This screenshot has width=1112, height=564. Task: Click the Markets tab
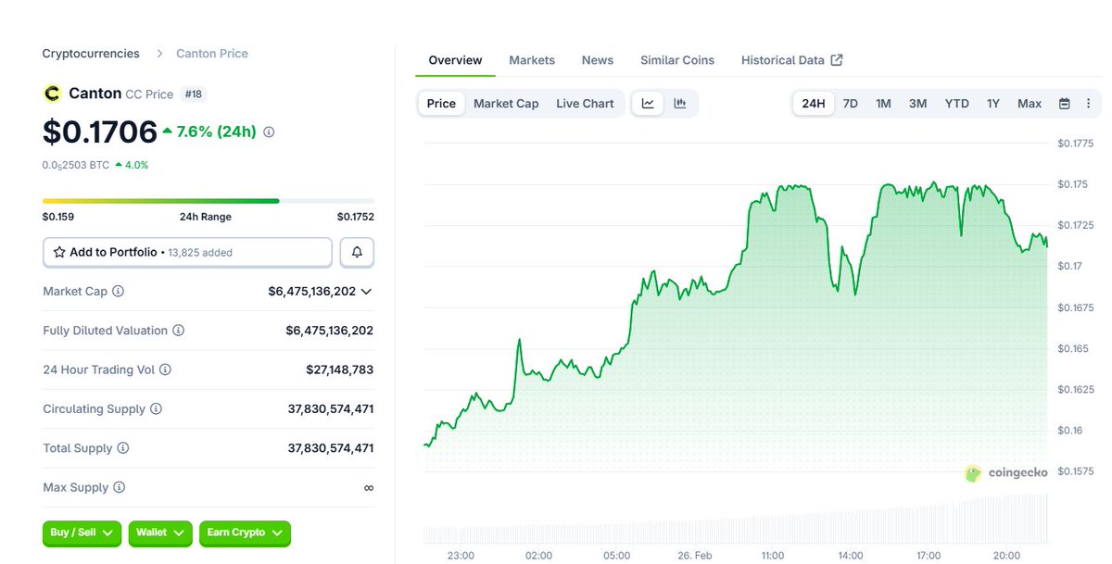pos(532,60)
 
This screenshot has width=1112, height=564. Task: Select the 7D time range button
pos(850,104)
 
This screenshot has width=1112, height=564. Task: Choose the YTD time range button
pos(956,104)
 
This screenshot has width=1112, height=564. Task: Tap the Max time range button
pos(1029,104)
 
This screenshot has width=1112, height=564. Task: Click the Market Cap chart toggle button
pos(506,104)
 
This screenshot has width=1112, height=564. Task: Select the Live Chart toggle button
pos(585,104)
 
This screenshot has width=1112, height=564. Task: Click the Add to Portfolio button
pos(187,252)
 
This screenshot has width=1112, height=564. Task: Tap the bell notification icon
pos(357,252)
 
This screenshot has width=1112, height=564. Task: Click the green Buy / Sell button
pos(82,533)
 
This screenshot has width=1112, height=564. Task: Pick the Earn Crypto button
pos(245,533)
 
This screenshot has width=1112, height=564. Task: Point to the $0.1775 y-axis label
pos(1076,144)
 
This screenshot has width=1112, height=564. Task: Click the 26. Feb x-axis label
pos(694,556)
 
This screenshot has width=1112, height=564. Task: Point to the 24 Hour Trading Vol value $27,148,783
pos(339,370)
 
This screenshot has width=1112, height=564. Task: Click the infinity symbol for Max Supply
pos(368,488)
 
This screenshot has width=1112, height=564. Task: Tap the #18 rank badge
pos(193,94)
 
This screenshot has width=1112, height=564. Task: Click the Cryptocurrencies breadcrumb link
pos(91,54)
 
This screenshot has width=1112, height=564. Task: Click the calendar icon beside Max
pos(1064,104)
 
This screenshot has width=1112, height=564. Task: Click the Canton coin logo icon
pos(52,94)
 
